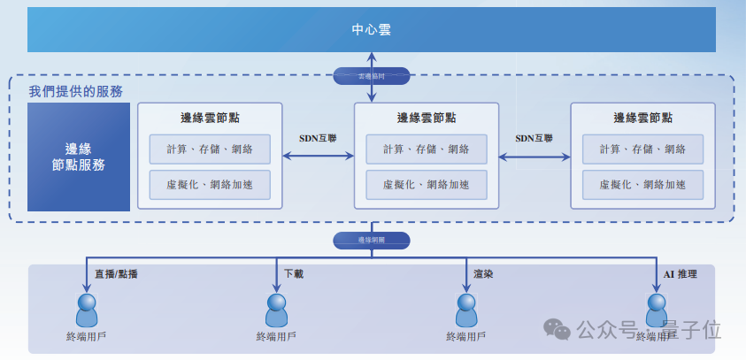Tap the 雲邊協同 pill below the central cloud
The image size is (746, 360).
point(372,76)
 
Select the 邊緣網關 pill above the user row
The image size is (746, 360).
point(372,240)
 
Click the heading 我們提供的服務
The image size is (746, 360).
point(75,91)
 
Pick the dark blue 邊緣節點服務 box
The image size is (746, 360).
point(79,157)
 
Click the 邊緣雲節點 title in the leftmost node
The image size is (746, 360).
point(210,118)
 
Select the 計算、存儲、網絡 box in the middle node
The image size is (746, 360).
point(427,149)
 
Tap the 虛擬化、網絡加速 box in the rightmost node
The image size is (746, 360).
point(642,185)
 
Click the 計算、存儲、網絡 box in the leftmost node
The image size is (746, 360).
point(210,149)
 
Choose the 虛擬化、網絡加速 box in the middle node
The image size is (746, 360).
point(427,185)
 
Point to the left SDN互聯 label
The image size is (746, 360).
point(318,138)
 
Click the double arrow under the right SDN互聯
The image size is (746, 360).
point(535,157)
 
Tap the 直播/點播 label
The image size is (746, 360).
point(116,274)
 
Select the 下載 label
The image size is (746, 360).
point(294,274)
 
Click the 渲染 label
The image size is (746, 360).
point(483,274)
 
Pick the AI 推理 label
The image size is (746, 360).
point(681,274)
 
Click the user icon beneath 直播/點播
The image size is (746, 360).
point(87,310)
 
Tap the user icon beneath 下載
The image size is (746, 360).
point(277,310)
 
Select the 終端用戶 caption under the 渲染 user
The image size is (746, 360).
point(466,336)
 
